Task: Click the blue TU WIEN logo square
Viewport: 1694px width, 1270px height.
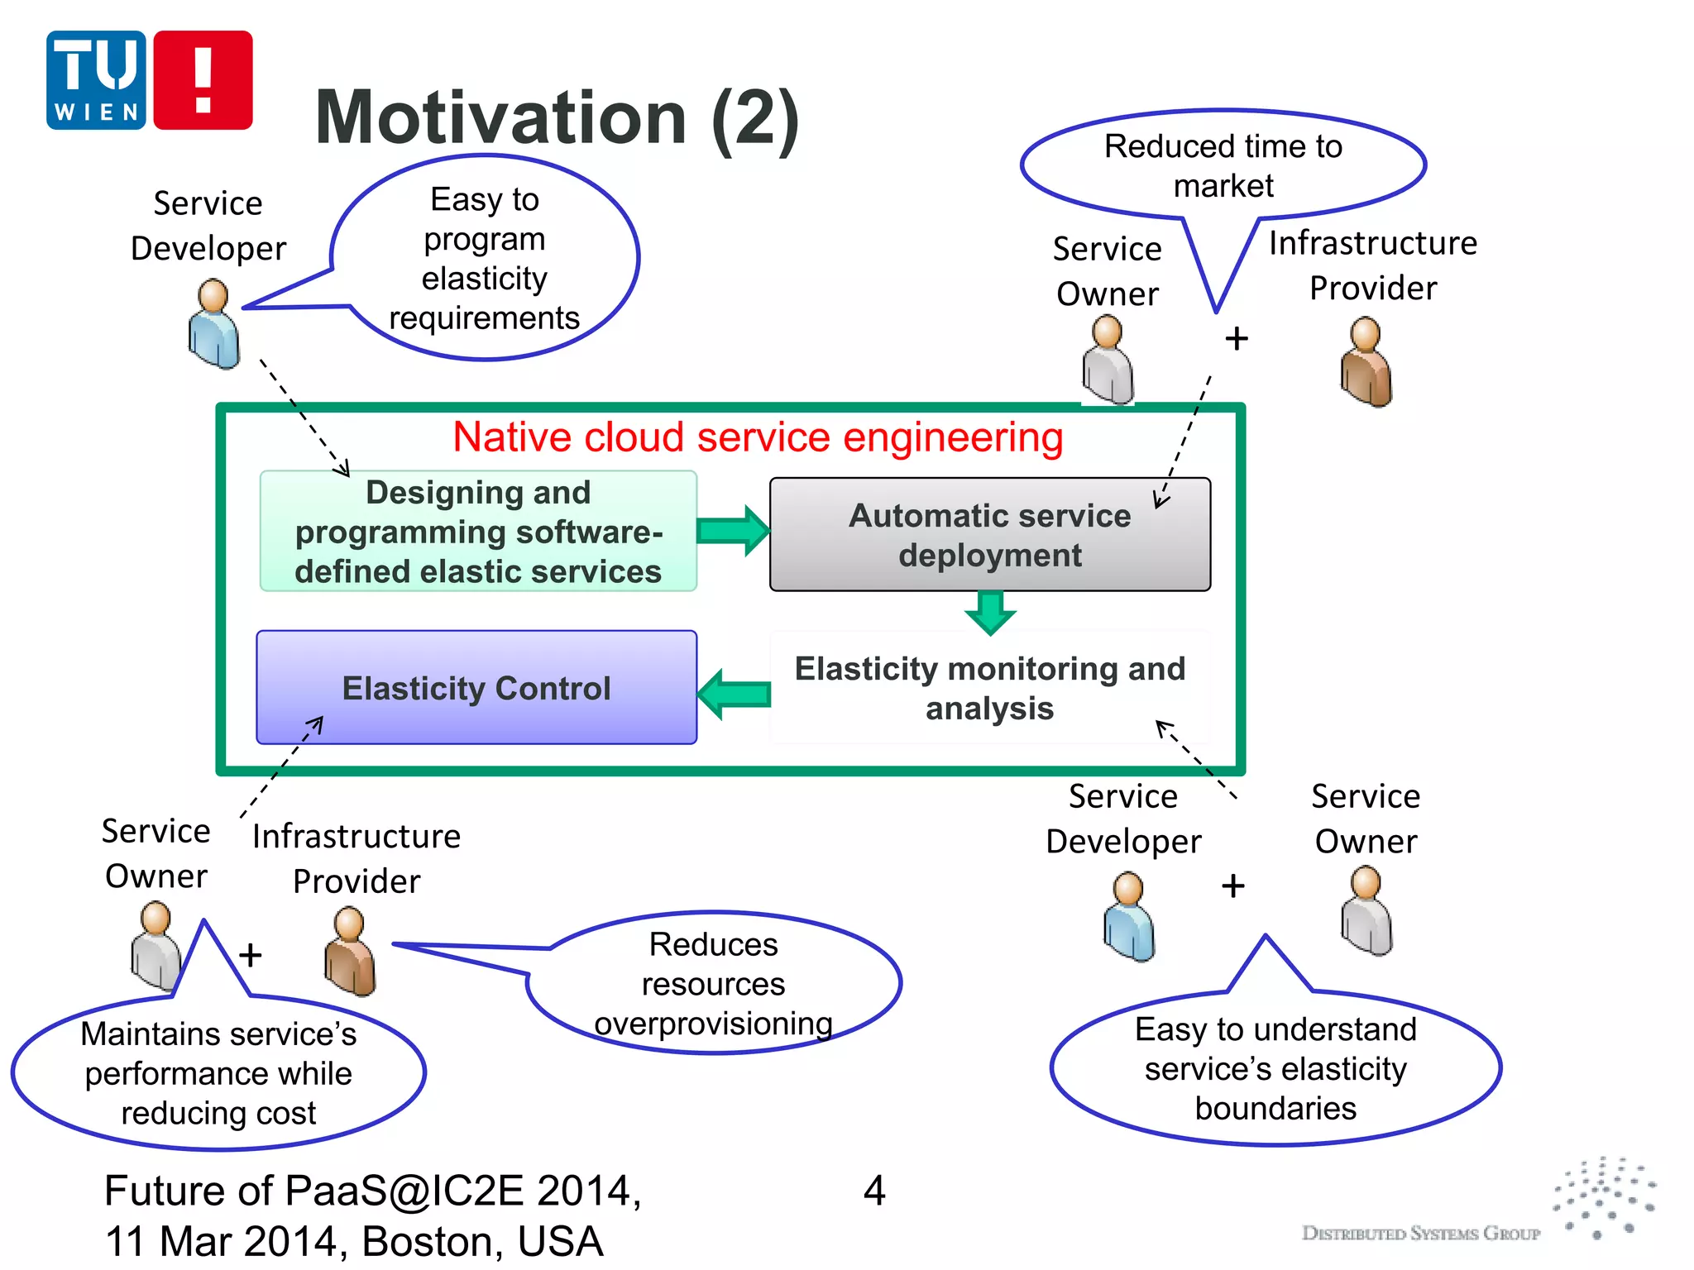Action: (96, 80)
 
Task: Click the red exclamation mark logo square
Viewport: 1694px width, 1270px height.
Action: (203, 80)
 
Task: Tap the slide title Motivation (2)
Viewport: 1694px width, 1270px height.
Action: (557, 118)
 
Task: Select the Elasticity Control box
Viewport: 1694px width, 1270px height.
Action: (476, 688)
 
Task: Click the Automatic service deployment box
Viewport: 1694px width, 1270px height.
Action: (989, 535)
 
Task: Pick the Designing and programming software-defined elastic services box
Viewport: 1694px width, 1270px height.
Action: (478, 532)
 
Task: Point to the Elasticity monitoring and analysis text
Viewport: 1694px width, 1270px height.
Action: (989, 688)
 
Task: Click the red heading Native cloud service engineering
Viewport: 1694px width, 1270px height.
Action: (758, 437)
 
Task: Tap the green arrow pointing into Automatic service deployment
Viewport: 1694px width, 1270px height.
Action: (733, 530)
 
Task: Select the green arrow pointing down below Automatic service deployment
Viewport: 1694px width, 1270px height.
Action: (990, 613)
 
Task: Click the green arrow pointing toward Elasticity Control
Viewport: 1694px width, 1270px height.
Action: (734, 694)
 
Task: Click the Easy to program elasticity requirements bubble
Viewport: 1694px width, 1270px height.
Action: (485, 258)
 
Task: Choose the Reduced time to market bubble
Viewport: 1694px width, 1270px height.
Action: (1223, 165)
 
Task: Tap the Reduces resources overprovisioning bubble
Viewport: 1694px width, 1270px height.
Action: (713, 984)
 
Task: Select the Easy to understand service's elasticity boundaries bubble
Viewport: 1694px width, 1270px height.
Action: (1275, 1068)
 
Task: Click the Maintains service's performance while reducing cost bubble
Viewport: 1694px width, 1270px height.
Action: (218, 1073)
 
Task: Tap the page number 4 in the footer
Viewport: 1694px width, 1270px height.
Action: (874, 1191)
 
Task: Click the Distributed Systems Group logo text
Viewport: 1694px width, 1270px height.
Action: (1420, 1233)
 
